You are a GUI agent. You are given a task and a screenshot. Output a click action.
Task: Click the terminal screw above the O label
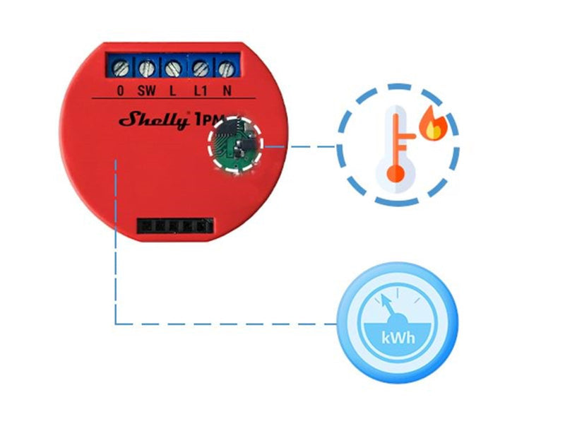(x=120, y=68)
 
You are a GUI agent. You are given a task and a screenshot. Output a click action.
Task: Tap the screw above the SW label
(x=147, y=68)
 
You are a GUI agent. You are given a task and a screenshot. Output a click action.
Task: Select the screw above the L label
(x=173, y=68)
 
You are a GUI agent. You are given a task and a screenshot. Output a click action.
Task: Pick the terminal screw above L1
(x=201, y=68)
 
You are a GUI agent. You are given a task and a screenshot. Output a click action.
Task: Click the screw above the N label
(x=226, y=69)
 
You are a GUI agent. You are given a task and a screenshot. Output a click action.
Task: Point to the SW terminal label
(x=147, y=90)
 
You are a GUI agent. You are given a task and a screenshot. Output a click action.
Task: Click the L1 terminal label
(x=201, y=90)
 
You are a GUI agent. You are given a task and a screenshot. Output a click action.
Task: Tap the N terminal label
(x=227, y=90)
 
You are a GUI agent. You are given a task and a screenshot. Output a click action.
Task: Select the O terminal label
(x=120, y=90)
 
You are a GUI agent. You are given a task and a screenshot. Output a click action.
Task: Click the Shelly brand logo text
(x=154, y=119)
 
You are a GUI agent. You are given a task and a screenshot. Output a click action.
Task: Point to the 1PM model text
(x=210, y=119)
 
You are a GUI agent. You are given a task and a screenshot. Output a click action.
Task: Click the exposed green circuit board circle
(x=236, y=144)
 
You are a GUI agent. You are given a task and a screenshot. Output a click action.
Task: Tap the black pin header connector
(x=175, y=226)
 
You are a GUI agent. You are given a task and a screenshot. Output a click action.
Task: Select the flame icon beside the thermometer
(x=434, y=122)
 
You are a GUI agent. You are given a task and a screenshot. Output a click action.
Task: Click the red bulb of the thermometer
(x=395, y=174)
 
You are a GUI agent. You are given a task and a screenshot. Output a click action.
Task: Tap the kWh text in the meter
(x=398, y=338)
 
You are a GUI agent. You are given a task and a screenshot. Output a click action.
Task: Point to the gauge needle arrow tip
(x=383, y=296)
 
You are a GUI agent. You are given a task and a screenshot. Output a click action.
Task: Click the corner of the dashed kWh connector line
(x=115, y=324)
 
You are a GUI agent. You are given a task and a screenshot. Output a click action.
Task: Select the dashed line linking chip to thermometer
(x=299, y=146)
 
